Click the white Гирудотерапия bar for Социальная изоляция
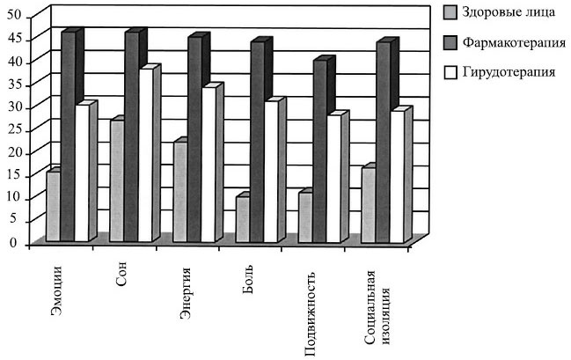click(x=396, y=176)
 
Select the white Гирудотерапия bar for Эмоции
click(x=82, y=173)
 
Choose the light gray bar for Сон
click(x=117, y=180)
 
